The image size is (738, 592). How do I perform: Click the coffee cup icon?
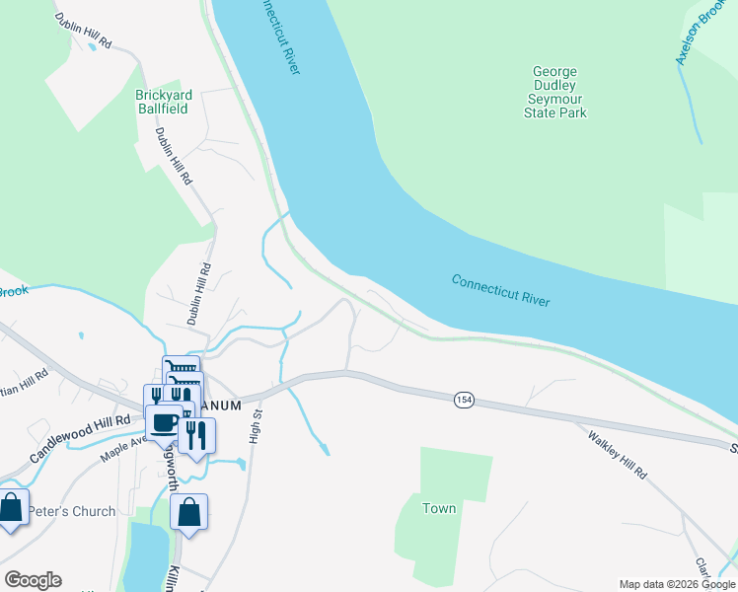click(x=164, y=425)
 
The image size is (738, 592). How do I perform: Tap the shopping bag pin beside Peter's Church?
click(x=11, y=509)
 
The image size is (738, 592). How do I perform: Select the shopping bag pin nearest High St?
click(x=188, y=513)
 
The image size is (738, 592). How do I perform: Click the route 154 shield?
click(x=464, y=400)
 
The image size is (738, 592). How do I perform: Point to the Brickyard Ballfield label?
click(x=163, y=103)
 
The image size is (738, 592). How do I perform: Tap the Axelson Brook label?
click(x=699, y=35)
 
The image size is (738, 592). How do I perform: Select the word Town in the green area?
click(x=439, y=508)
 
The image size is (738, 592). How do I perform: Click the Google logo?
click(x=33, y=580)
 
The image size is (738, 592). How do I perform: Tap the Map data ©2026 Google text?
click(x=676, y=584)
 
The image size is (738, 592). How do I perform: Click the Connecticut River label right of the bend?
click(x=500, y=290)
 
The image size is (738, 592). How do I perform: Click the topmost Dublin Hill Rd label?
click(x=83, y=33)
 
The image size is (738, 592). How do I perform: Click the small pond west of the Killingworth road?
click(x=147, y=557)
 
